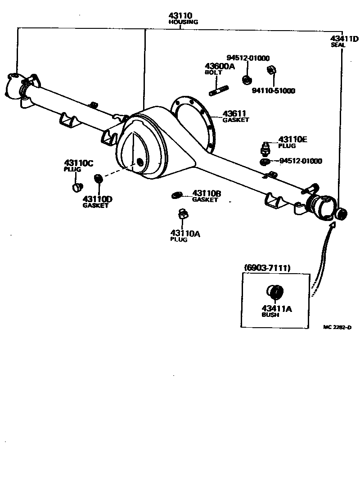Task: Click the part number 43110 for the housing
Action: tap(180, 16)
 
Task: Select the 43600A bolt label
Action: tap(220, 67)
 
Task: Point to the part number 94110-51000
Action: tap(273, 90)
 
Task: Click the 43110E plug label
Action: tap(292, 140)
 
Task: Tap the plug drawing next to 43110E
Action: tap(265, 147)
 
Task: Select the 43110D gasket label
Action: tap(97, 199)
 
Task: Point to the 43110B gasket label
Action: tap(207, 193)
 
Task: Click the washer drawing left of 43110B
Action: tap(176, 195)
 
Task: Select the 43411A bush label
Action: tap(277, 309)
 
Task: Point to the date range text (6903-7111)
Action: tap(267, 268)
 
